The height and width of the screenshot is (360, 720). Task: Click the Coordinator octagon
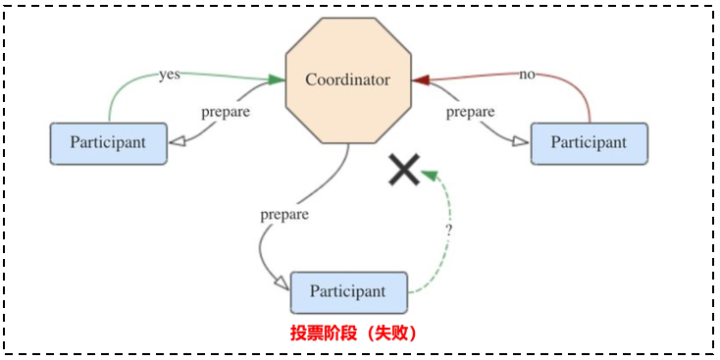coord(347,78)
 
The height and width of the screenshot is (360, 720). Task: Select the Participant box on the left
coord(108,143)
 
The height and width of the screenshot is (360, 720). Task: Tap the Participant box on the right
coord(589,143)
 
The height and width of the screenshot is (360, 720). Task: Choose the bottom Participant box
coord(348,292)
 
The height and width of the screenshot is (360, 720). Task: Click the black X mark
coord(403,170)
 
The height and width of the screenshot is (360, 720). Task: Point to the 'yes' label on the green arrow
coord(169,75)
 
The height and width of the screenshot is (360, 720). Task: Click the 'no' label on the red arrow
coord(527,75)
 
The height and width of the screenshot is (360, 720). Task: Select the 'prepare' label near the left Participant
coord(225,111)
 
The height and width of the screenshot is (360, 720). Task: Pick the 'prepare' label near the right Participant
coord(470,112)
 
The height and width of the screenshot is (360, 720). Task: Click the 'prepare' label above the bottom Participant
coord(284,214)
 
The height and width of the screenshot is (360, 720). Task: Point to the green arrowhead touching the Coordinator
coord(277,78)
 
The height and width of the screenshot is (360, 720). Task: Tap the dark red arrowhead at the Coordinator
coord(419,79)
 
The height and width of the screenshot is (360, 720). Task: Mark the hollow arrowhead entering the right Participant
coord(519,143)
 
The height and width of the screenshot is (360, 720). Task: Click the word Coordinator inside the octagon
coord(347,79)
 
